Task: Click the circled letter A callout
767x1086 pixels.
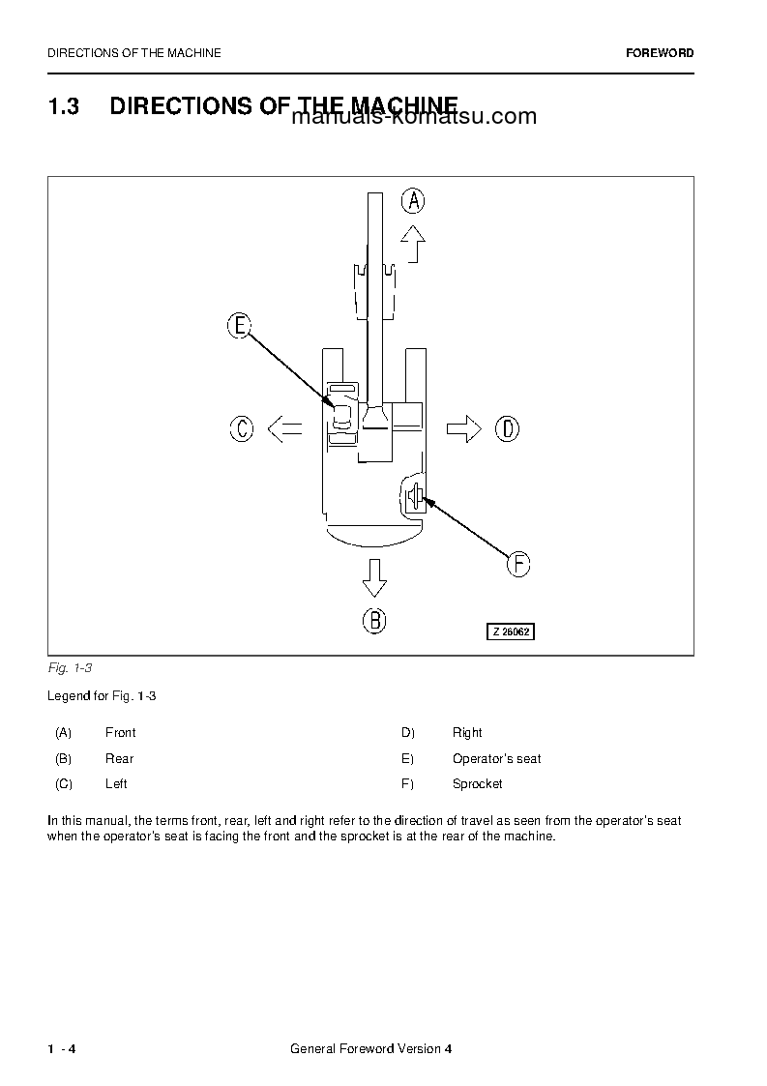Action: pos(413,200)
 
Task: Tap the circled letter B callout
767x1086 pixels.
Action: pos(374,620)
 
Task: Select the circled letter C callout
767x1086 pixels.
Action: pos(242,428)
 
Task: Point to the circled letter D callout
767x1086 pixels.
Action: pos(507,428)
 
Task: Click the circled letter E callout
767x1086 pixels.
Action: pos(239,326)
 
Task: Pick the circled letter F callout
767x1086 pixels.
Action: pos(518,564)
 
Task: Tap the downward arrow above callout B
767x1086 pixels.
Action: pos(374,577)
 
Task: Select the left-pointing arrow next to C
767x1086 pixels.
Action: pos(284,428)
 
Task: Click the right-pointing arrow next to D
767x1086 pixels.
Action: pos(464,428)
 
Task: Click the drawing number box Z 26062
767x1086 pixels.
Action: pos(510,631)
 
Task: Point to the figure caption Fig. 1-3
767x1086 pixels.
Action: pos(69,668)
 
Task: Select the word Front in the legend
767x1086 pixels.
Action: pos(120,733)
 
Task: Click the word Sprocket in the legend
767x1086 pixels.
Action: pos(477,784)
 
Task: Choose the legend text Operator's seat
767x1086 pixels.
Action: pos(496,759)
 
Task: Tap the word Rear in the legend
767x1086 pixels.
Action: pos(119,759)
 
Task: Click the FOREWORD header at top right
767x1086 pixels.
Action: pos(660,53)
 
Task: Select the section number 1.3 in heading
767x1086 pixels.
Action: pos(63,106)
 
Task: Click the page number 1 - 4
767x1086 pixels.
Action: pos(62,1050)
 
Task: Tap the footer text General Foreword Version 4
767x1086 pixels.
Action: pos(370,1050)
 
